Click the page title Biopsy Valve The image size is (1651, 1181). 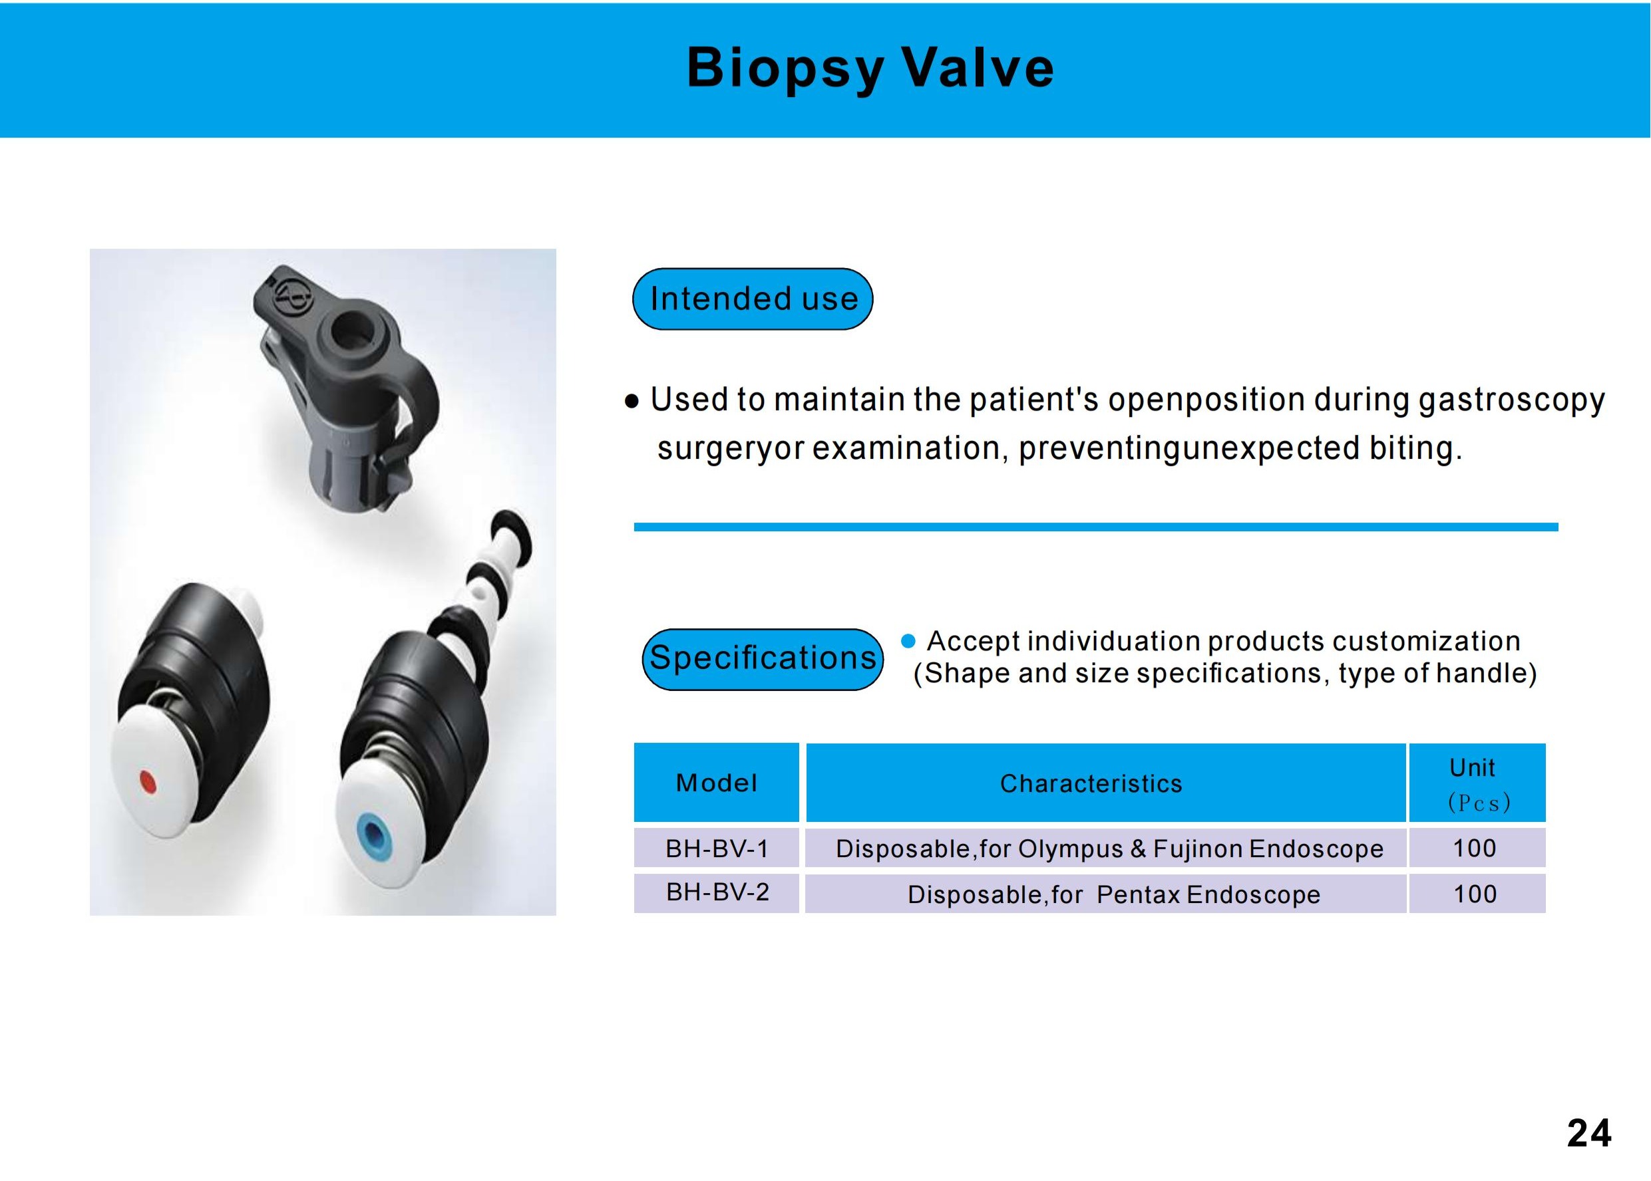pos(870,68)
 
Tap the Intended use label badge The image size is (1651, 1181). pos(753,299)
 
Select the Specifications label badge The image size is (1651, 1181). pos(763,659)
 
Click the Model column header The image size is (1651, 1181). pos(716,783)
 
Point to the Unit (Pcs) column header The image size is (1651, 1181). pos(1477,783)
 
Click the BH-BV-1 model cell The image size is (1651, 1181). pos(717,848)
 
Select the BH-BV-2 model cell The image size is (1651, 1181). pos(717,892)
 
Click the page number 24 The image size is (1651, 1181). pos(1589,1133)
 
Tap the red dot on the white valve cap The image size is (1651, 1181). pos(148,783)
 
